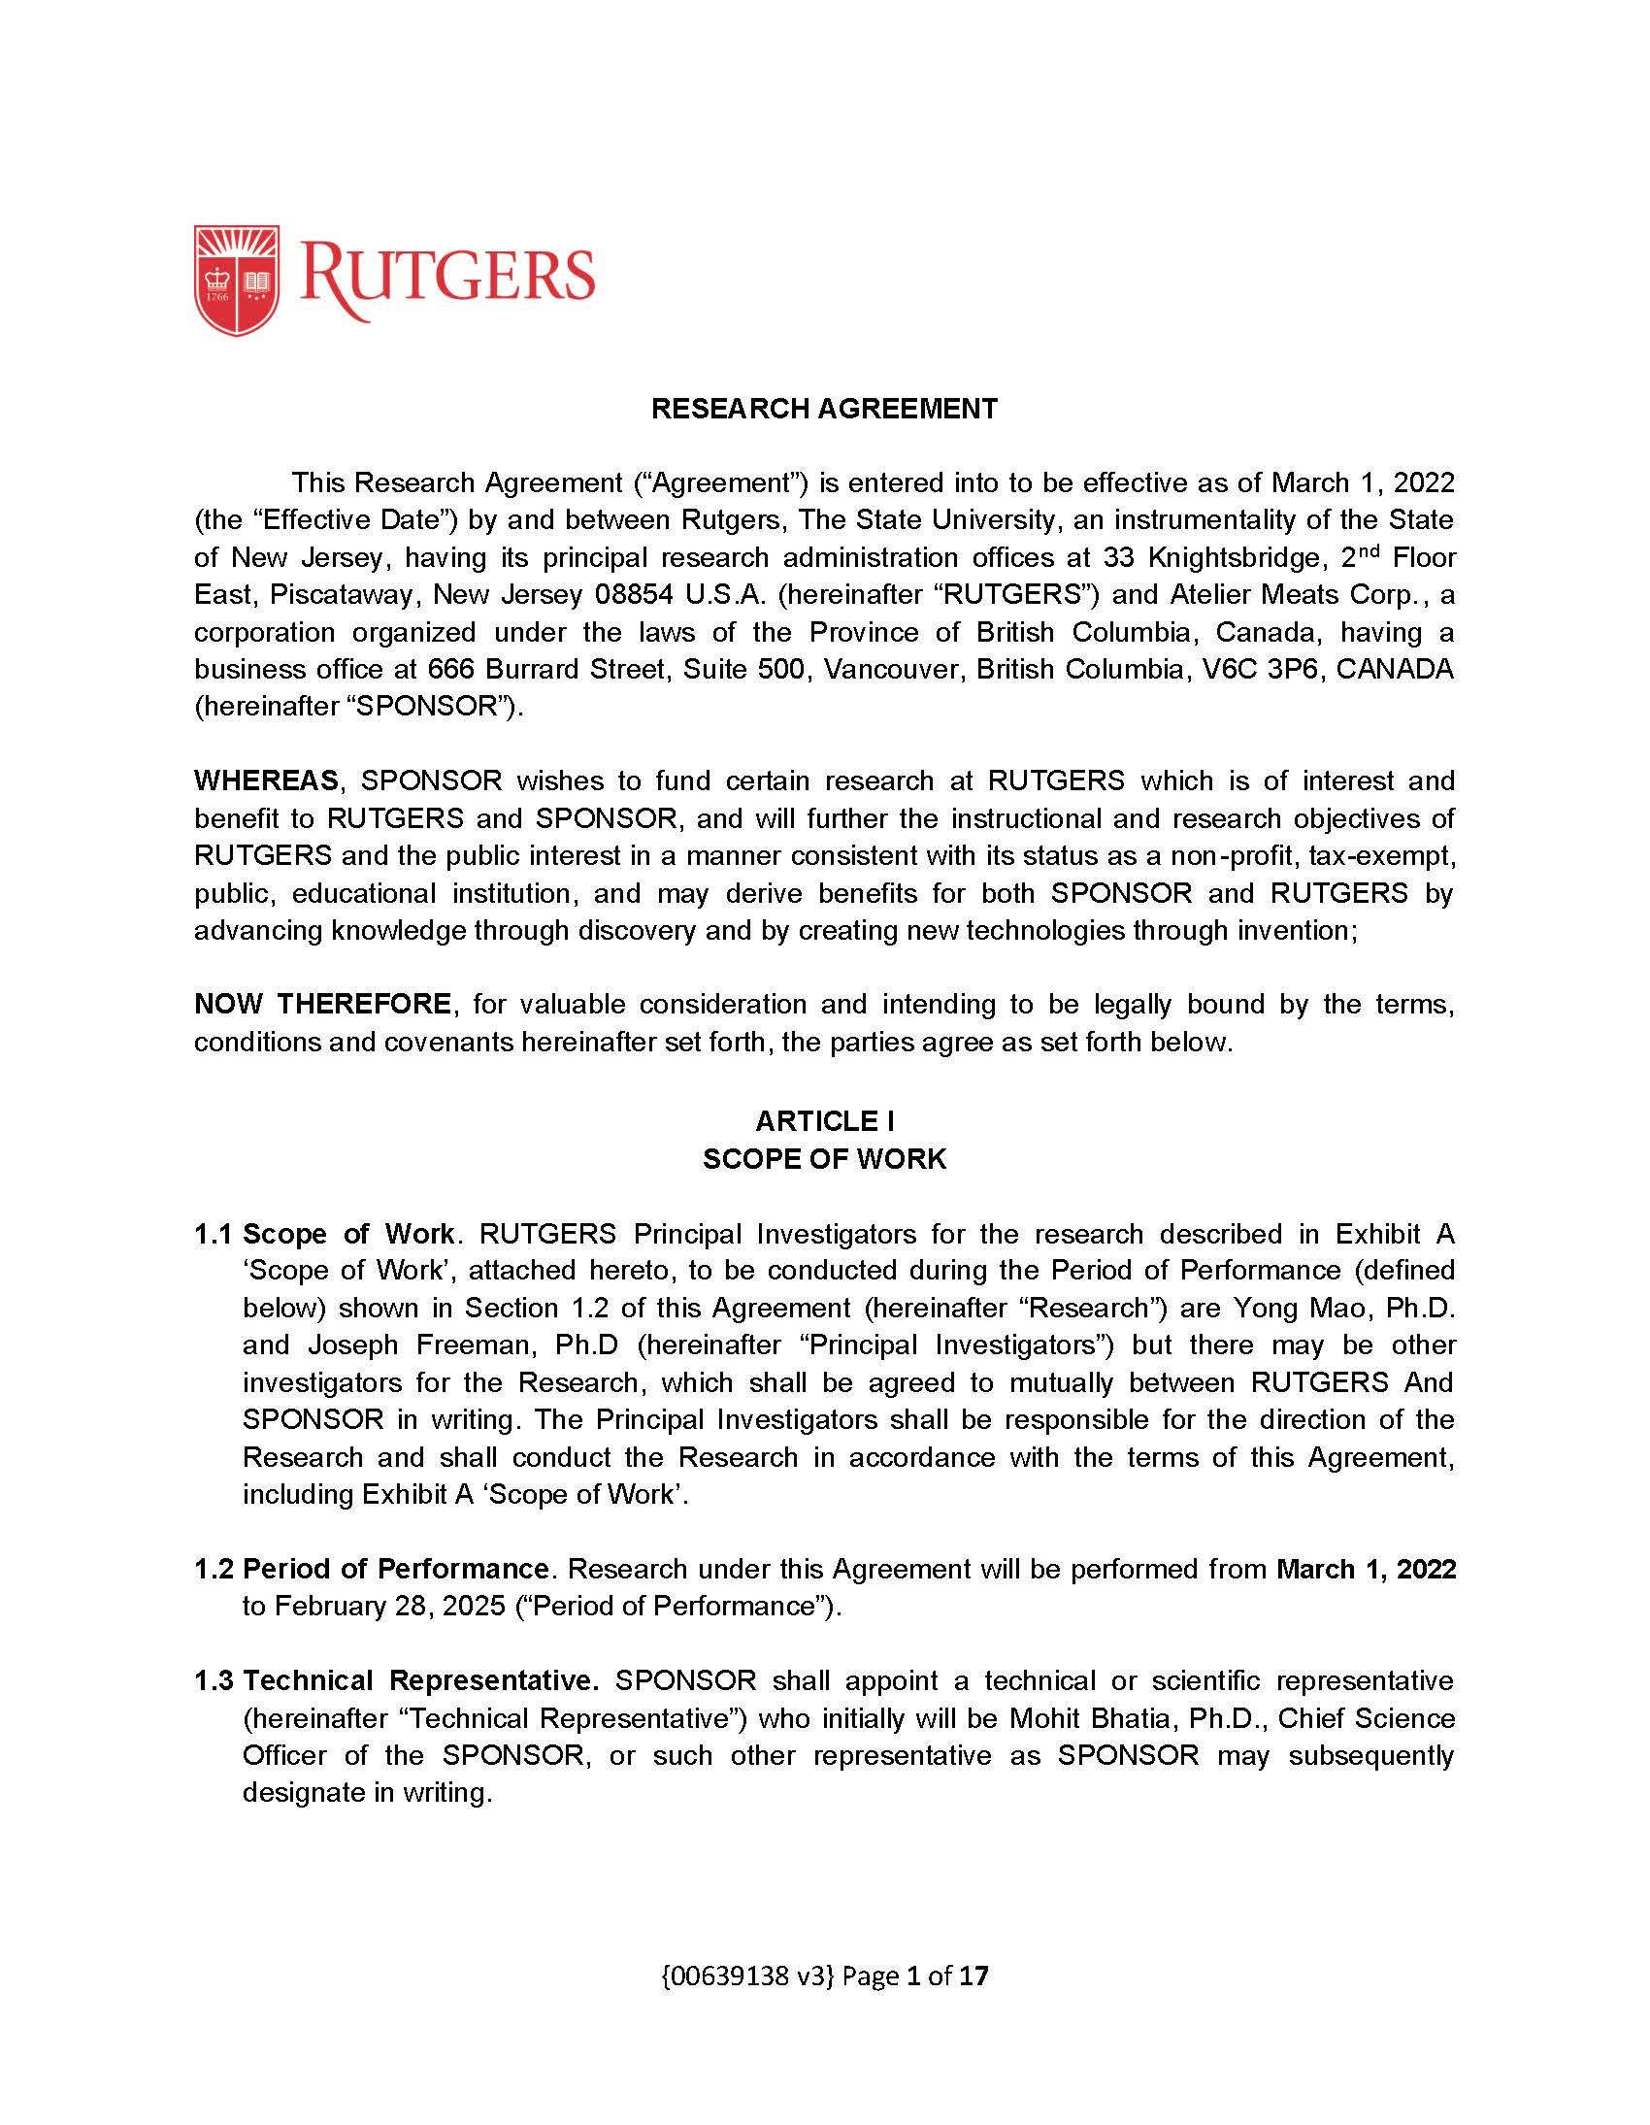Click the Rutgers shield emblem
[x=237, y=281]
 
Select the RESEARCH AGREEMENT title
[x=824, y=409]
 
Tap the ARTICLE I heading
[x=824, y=1121]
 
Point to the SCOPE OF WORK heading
[x=824, y=1159]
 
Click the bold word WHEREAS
[x=266, y=781]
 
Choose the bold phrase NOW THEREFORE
[x=322, y=1004]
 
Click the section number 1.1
[x=214, y=1234]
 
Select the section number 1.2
[x=214, y=1570]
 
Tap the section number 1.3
[x=214, y=1681]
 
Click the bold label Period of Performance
[x=396, y=1570]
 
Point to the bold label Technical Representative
[x=420, y=1681]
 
